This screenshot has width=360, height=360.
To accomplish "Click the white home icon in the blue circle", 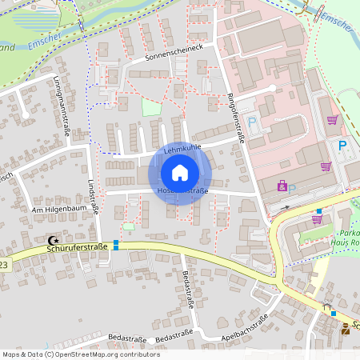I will click(179, 173).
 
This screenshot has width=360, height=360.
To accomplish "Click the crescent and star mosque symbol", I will click(54, 239).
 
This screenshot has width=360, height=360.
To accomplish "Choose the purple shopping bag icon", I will click(282, 186).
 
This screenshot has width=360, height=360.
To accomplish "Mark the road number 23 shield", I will click(4, 263).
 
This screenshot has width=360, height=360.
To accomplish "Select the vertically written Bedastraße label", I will click(190, 287).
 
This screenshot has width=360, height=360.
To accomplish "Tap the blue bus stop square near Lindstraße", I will click(116, 244).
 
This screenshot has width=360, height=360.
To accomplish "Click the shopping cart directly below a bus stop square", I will click(317, 219).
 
